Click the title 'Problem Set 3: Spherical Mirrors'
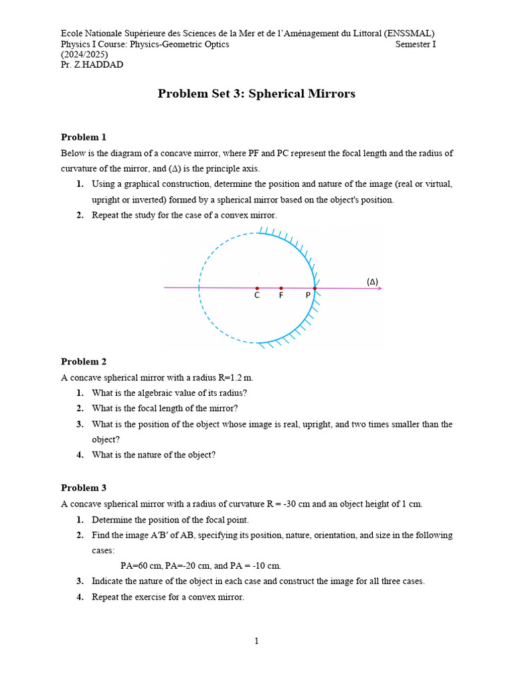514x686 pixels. [256, 94]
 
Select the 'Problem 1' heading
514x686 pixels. [84, 137]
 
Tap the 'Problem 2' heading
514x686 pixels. [84, 362]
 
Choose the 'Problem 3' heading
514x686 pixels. [84, 488]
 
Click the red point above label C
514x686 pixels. [257, 288]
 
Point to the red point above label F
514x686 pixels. [281, 288]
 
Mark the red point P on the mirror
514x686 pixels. [315, 288]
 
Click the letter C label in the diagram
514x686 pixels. [257, 295]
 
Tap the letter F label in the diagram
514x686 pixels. [281, 295]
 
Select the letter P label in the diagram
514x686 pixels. [308, 295]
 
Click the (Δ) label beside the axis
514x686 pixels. [372, 281]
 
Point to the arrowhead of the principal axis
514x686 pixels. [379, 288]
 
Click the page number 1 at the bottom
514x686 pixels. [256, 641]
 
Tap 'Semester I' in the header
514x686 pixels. [415, 44]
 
